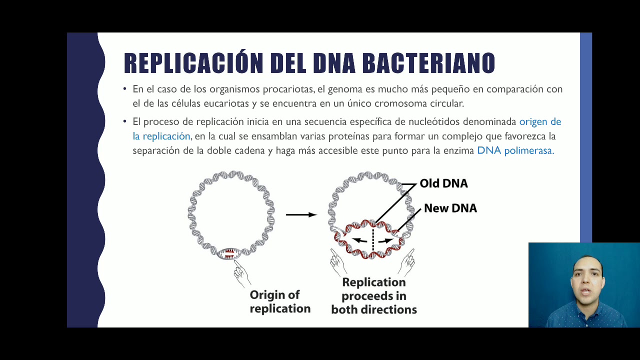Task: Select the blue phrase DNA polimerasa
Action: [515, 150]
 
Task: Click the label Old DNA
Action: [443, 183]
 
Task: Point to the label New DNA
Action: [450, 208]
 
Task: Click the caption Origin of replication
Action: [280, 301]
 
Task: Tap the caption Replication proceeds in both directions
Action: [374, 296]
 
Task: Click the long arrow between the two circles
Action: [301, 214]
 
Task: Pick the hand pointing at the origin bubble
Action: [241, 272]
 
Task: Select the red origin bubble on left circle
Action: [229, 253]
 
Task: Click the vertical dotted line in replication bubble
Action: [373, 238]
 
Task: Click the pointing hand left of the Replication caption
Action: [338, 262]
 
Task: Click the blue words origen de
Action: [540, 121]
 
